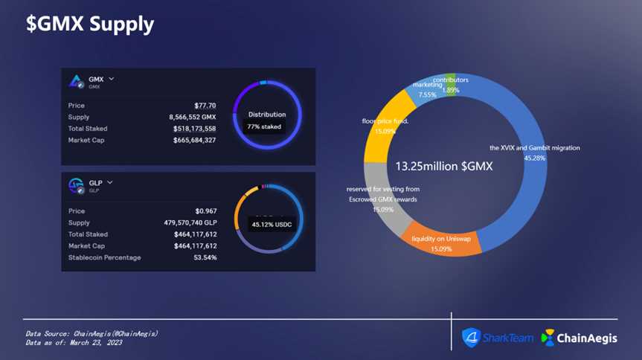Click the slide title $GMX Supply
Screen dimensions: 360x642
[x=90, y=24]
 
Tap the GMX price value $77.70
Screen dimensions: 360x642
[x=205, y=106]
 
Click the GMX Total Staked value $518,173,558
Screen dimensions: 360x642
[x=194, y=129]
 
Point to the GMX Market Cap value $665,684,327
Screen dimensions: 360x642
[x=194, y=140]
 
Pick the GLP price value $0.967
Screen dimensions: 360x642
[x=205, y=211]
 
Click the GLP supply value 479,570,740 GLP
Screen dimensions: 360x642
[x=185, y=222]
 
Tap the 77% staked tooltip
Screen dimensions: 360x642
[x=264, y=127]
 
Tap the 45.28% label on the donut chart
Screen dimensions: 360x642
[x=535, y=158]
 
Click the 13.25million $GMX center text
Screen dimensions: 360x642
[x=443, y=166]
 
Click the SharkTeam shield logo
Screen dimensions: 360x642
[x=472, y=338]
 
